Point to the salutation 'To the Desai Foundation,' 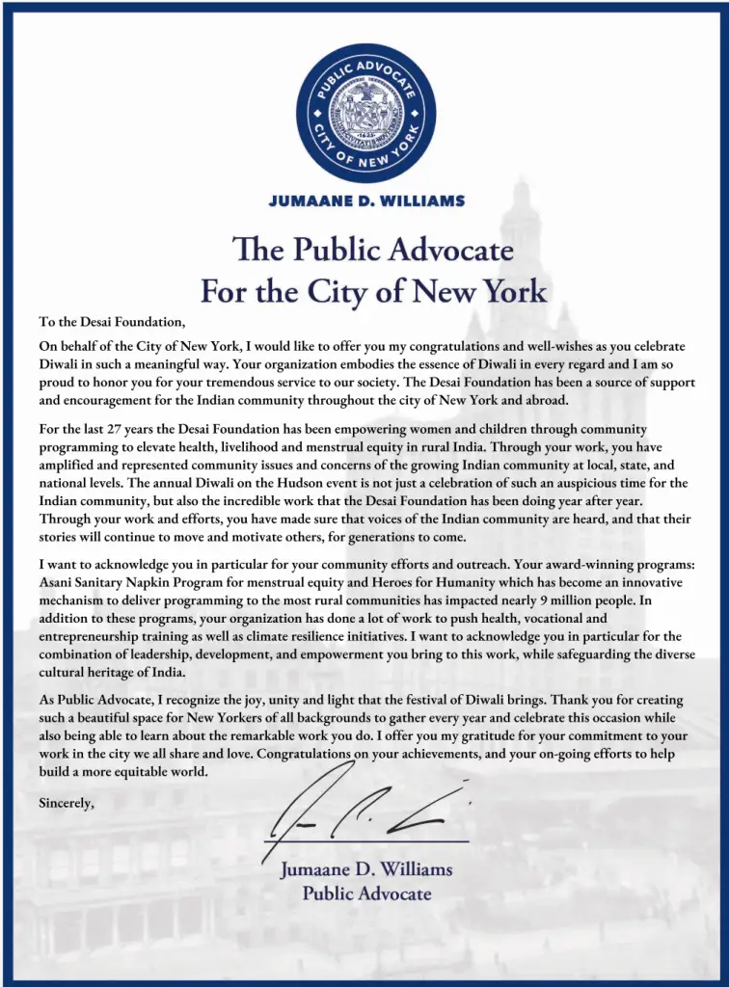[111, 322]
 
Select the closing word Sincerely [67, 802]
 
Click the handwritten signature [371, 812]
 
